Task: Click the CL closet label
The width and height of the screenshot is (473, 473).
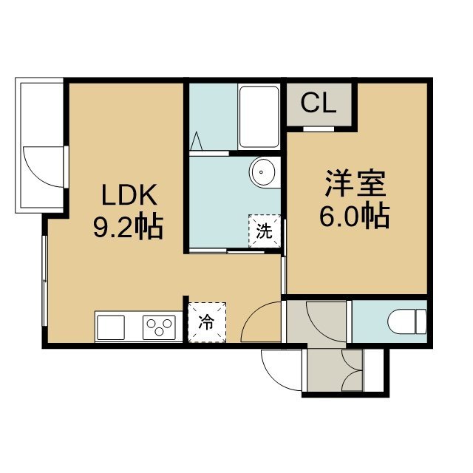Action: click(x=319, y=103)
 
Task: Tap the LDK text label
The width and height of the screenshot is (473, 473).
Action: click(x=129, y=194)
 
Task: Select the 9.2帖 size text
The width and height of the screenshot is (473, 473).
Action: click(x=128, y=227)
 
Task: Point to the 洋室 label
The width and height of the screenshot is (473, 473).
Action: click(x=355, y=183)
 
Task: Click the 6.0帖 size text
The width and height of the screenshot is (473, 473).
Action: click(x=355, y=216)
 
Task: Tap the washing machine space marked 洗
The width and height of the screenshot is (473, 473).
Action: click(x=265, y=231)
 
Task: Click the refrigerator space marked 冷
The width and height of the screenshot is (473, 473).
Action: click(x=207, y=322)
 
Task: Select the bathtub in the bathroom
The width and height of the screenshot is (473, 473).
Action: click(x=259, y=117)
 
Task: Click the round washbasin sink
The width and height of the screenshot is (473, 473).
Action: click(x=262, y=172)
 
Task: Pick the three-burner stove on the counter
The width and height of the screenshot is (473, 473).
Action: click(x=159, y=327)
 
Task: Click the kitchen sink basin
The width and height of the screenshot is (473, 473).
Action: click(x=110, y=327)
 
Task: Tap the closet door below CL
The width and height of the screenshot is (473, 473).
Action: click(x=319, y=129)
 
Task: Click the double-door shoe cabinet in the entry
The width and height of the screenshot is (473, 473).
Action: click(x=352, y=370)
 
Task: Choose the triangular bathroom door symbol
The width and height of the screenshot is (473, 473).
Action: click(x=197, y=141)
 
